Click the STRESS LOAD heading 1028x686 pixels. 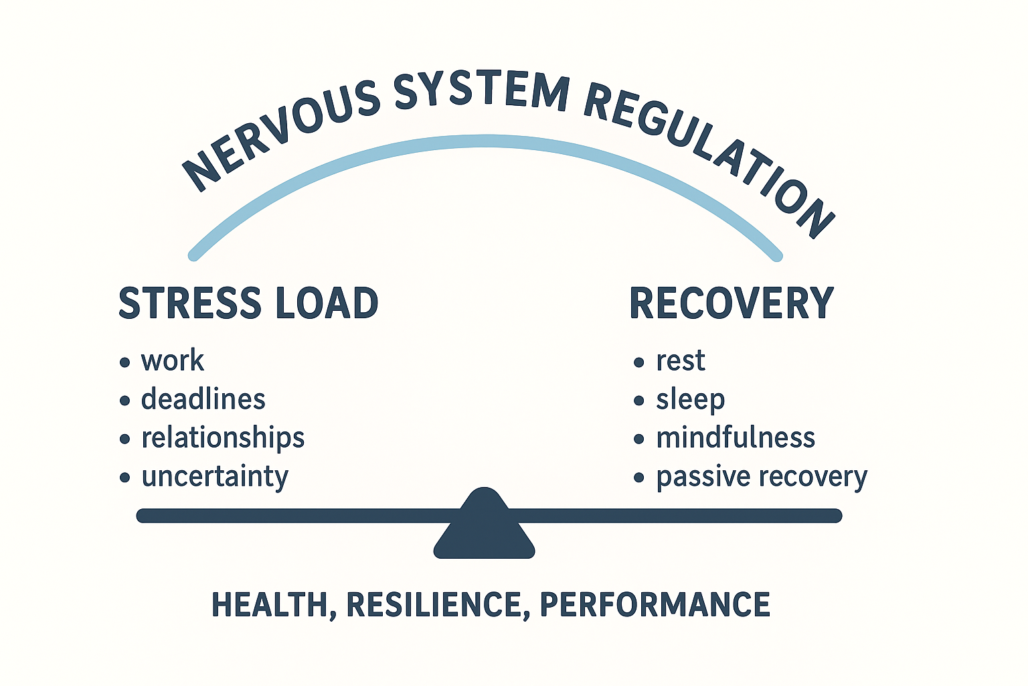[x=248, y=303]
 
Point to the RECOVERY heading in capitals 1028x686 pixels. [x=732, y=303]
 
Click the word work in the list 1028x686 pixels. [x=172, y=360]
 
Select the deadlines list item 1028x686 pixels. [x=203, y=399]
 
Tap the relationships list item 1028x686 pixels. [x=223, y=438]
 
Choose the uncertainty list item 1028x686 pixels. [x=214, y=477]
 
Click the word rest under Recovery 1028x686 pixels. [x=680, y=360]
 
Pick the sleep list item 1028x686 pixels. [x=690, y=400]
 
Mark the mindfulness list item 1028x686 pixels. [x=735, y=438]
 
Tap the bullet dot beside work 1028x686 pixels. [x=125, y=362]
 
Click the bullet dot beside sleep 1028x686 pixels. [x=639, y=401]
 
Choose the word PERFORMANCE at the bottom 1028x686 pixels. [x=655, y=604]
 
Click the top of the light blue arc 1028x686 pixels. [x=485, y=141]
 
